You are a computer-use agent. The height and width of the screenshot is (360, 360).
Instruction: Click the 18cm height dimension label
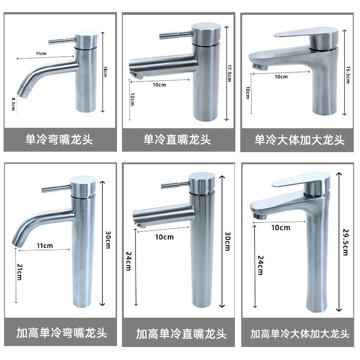tap(105, 71)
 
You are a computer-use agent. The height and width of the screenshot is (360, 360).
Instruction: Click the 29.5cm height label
tap(346, 242)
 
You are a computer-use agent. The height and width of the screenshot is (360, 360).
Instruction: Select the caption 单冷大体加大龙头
tap(299, 140)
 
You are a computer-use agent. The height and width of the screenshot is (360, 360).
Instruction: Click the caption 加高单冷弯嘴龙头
tap(62, 333)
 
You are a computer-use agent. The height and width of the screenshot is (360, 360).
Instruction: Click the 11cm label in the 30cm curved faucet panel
tap(45, 246)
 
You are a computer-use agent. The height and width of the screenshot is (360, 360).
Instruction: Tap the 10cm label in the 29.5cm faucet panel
tap(280, 227)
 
